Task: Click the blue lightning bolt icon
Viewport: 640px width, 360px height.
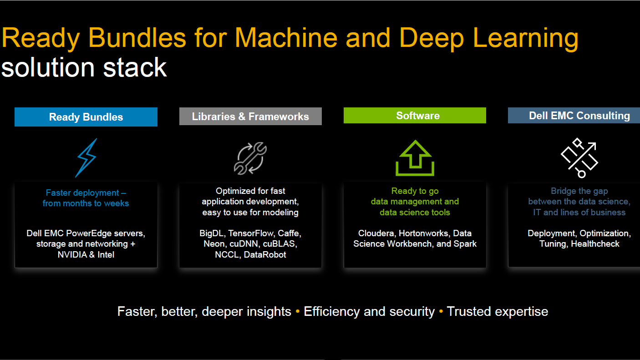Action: [x=86, y=158]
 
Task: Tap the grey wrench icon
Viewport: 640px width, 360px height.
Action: [x=250, y=158]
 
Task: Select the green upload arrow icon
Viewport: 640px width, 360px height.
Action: [x=415, y=158]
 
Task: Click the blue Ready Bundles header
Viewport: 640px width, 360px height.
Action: [x=86, y=117]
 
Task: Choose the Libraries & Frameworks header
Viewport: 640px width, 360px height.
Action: [x=250, y=117]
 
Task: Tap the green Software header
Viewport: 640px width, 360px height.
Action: [x=415, y=116]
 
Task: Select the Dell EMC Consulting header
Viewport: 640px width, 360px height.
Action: [x=574, y=116]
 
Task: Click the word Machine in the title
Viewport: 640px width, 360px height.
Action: [x=286, y=38]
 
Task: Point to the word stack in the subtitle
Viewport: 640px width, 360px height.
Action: [x=135, y=68]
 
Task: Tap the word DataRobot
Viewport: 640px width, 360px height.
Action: [x=265, y=254]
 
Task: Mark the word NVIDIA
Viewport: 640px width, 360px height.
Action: [x=72, y=254]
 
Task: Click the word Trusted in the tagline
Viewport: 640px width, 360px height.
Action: [x=467, y=311]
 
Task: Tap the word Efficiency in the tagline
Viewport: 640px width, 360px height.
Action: [x=331, y=312]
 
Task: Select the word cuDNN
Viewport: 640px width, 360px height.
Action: [x=243, y=244]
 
